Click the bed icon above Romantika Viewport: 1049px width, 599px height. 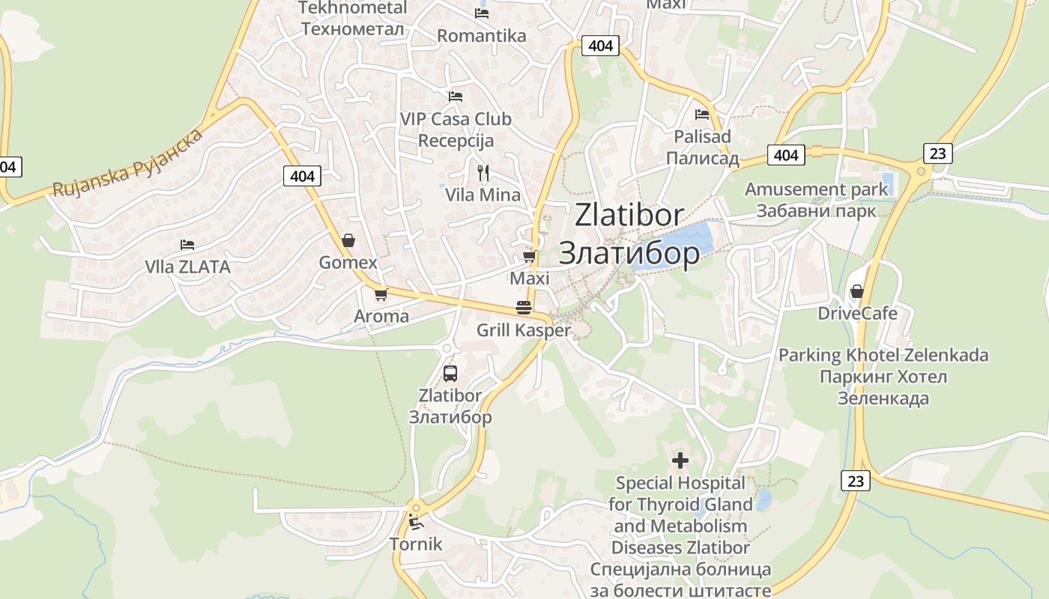pos(482,13)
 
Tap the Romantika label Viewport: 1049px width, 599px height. pos(481,36)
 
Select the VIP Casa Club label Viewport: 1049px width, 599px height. pos(456,119)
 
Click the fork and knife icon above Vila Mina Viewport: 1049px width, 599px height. pos(483,173)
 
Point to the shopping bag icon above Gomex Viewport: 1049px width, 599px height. pos(348,240)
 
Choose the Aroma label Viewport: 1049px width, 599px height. pos(381,316)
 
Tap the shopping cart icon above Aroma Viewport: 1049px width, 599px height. pos(381,294)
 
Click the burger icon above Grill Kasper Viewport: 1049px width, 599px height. pos(523,308)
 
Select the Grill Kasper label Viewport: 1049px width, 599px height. pos(523,330)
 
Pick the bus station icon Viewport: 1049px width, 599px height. pos(450,373)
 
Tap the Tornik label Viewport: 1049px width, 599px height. pos(416,544)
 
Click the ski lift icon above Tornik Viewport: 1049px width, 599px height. pos(416,522)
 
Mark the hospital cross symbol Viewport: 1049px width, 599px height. pos(680,460)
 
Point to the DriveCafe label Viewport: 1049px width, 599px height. pos(857,313)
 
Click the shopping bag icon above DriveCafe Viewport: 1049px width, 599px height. pos(856,291)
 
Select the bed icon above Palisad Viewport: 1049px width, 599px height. pos(702,115)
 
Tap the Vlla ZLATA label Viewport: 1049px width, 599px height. pos(187,267)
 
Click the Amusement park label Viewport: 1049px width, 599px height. pos(816,189)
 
